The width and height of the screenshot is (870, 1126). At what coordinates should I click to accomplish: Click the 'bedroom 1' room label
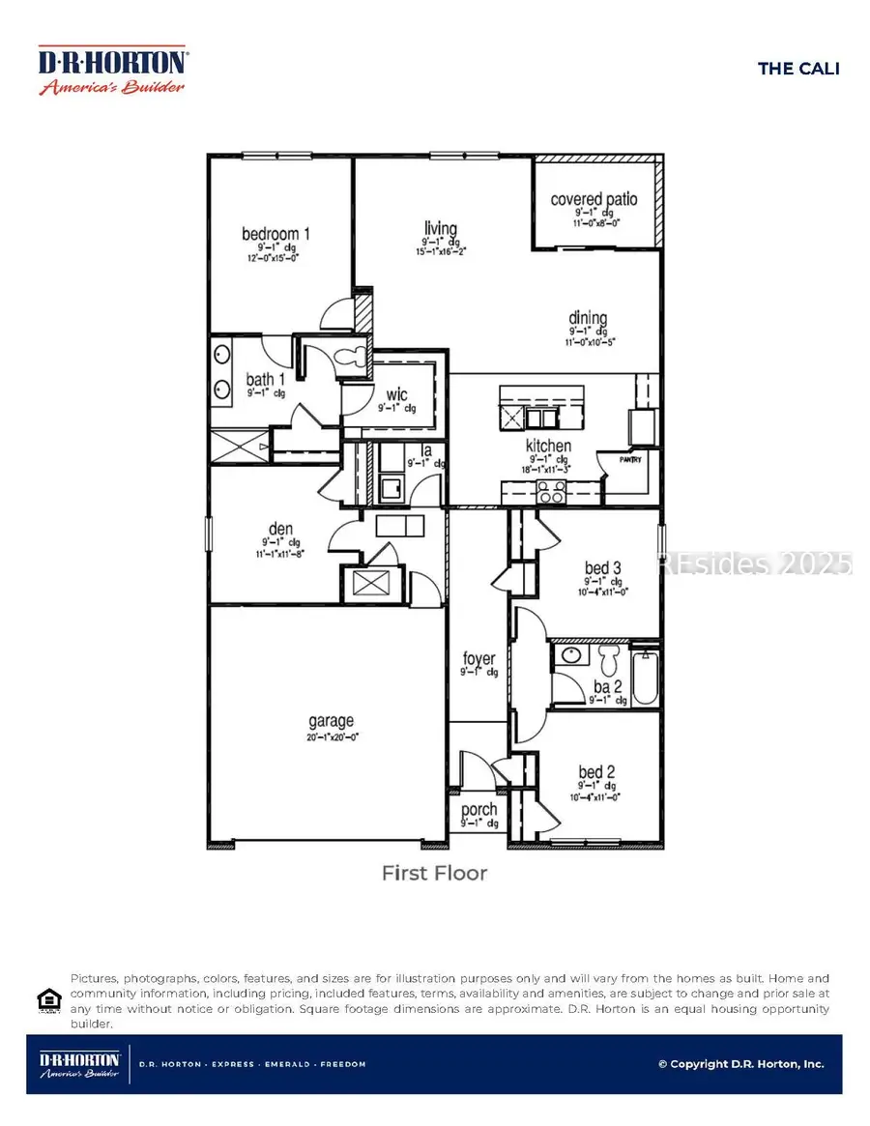pos(275,234)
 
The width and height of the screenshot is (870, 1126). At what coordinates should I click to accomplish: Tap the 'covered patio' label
pos(594,199)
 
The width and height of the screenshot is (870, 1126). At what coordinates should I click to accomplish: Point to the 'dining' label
pos(588,318)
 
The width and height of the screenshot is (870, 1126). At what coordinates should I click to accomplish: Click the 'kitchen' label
pos(548,446)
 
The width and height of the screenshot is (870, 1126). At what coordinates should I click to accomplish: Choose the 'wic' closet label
pos(396,394)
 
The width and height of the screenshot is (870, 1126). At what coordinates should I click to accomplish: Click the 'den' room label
pos(279,529)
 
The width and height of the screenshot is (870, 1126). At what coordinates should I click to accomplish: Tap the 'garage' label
pos(331,720)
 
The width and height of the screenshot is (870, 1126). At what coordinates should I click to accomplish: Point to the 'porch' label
pos(478,809)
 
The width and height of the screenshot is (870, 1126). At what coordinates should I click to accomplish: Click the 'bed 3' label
pos(600,567)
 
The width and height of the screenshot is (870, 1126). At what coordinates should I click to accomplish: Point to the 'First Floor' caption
pos(434,873)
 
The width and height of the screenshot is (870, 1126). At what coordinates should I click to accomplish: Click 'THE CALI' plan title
pos(797,68)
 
